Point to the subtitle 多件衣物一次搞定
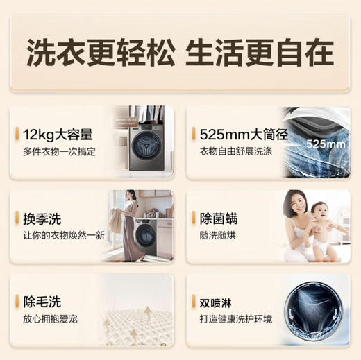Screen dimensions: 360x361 point(59,151)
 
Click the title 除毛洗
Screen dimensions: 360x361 point(43,302)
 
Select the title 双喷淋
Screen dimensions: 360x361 point(220,302)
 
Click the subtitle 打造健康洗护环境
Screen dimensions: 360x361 point(236,320)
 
